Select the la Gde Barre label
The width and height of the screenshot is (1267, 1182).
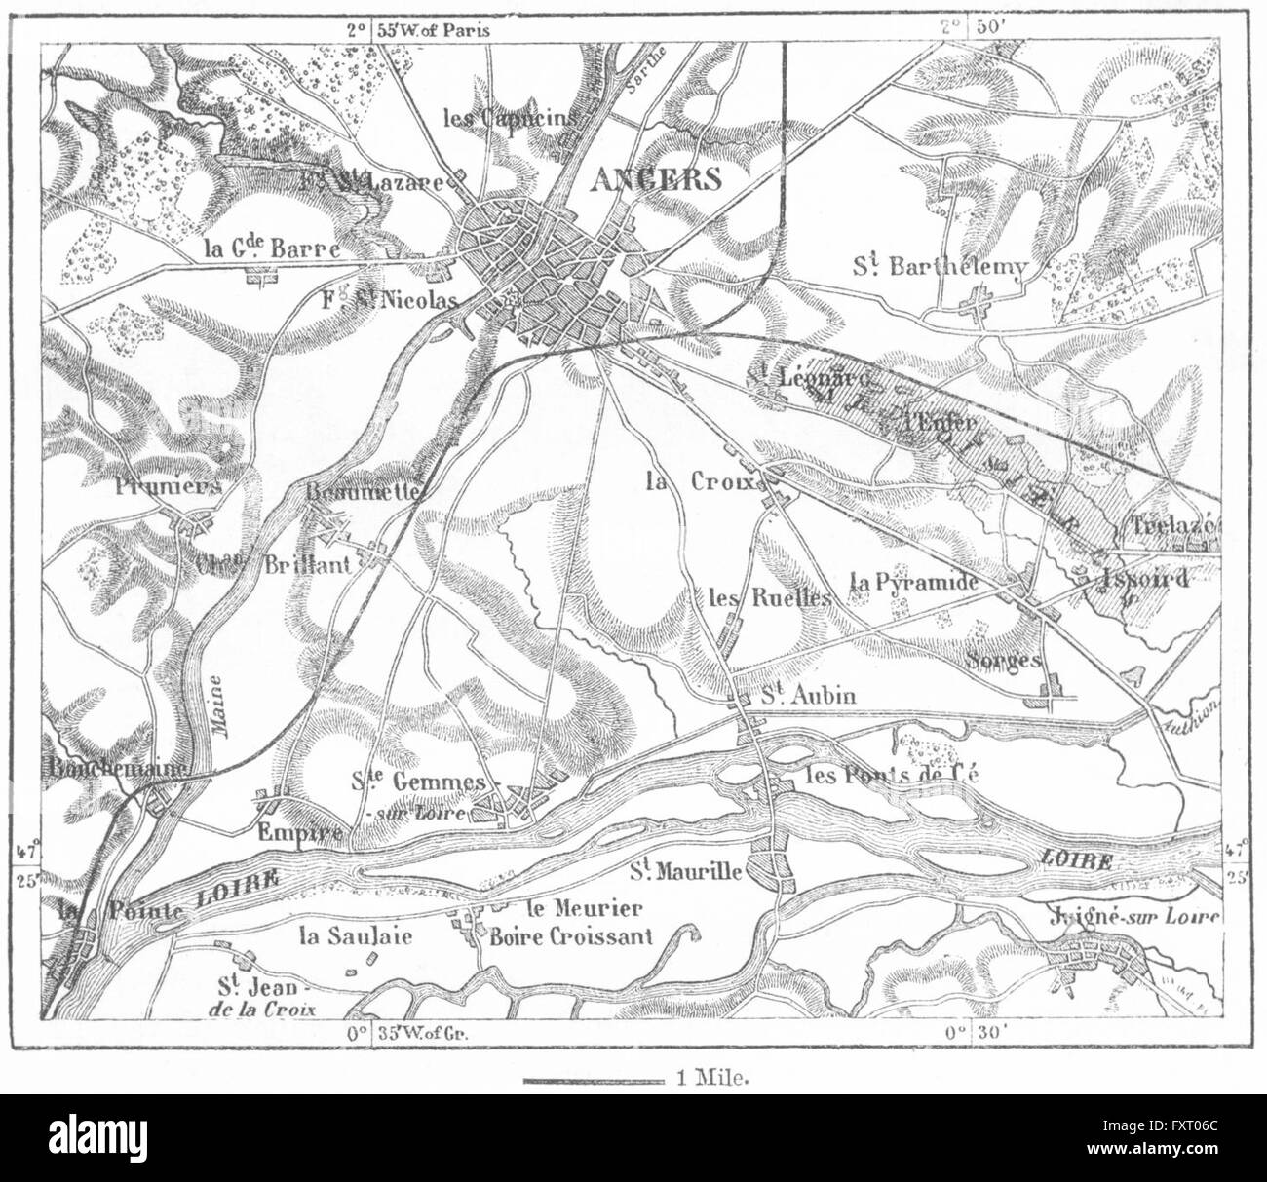click(x=273, y=249)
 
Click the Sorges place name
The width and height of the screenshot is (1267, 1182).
click(x=1005, y=660)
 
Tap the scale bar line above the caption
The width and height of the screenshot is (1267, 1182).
click(x=594, y=1080)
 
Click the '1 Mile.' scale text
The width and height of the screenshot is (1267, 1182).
click(x=710, y=1080)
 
